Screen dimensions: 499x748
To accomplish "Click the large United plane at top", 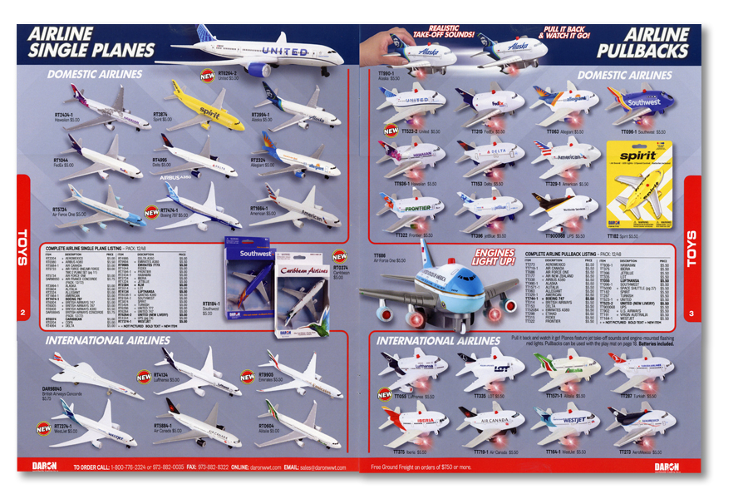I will pos(266,54).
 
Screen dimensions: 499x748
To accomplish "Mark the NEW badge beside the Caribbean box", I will pos(339,256).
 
